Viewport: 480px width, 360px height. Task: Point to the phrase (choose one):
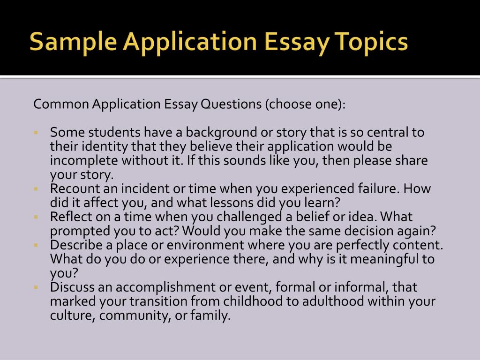pos(305,104)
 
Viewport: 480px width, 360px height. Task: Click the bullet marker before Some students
pos(36,133)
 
